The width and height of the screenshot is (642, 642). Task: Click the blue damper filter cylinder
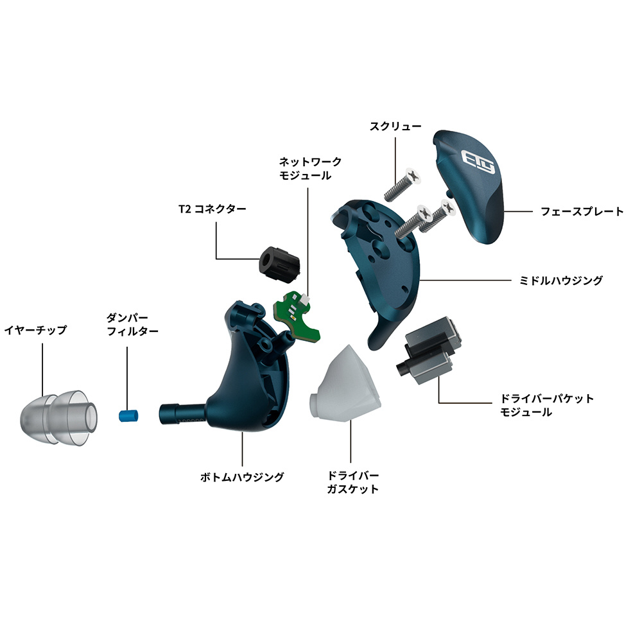pos(128,416)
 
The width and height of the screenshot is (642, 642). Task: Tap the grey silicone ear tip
pos(59,418)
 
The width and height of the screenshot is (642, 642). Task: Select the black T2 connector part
pos(279,264)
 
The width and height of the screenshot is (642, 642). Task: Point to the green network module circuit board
pos(297,315)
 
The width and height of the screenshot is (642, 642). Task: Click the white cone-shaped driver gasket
pos(345,383)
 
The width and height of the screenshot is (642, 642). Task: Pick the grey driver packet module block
pos(429,349)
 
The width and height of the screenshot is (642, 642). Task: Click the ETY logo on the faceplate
pos(478,161)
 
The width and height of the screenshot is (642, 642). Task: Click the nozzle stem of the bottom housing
pos(184,413)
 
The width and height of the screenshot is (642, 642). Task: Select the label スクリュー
pos(395,126)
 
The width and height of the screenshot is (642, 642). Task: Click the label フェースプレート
pos(582,212)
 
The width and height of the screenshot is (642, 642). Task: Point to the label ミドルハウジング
pos(561,281)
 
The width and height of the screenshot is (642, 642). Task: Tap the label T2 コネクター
pos(212,209)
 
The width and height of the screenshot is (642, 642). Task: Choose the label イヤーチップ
pos(35,330)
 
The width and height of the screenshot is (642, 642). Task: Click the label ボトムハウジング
pos(242,477)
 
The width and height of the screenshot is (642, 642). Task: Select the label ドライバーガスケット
pos(352,482)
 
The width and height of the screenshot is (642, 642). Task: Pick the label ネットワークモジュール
pos(310,169)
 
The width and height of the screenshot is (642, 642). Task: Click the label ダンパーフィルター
pos(132,324)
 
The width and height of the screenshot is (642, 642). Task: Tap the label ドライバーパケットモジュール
pos(546,405)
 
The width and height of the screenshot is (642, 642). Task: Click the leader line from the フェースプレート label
pos(517,212)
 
